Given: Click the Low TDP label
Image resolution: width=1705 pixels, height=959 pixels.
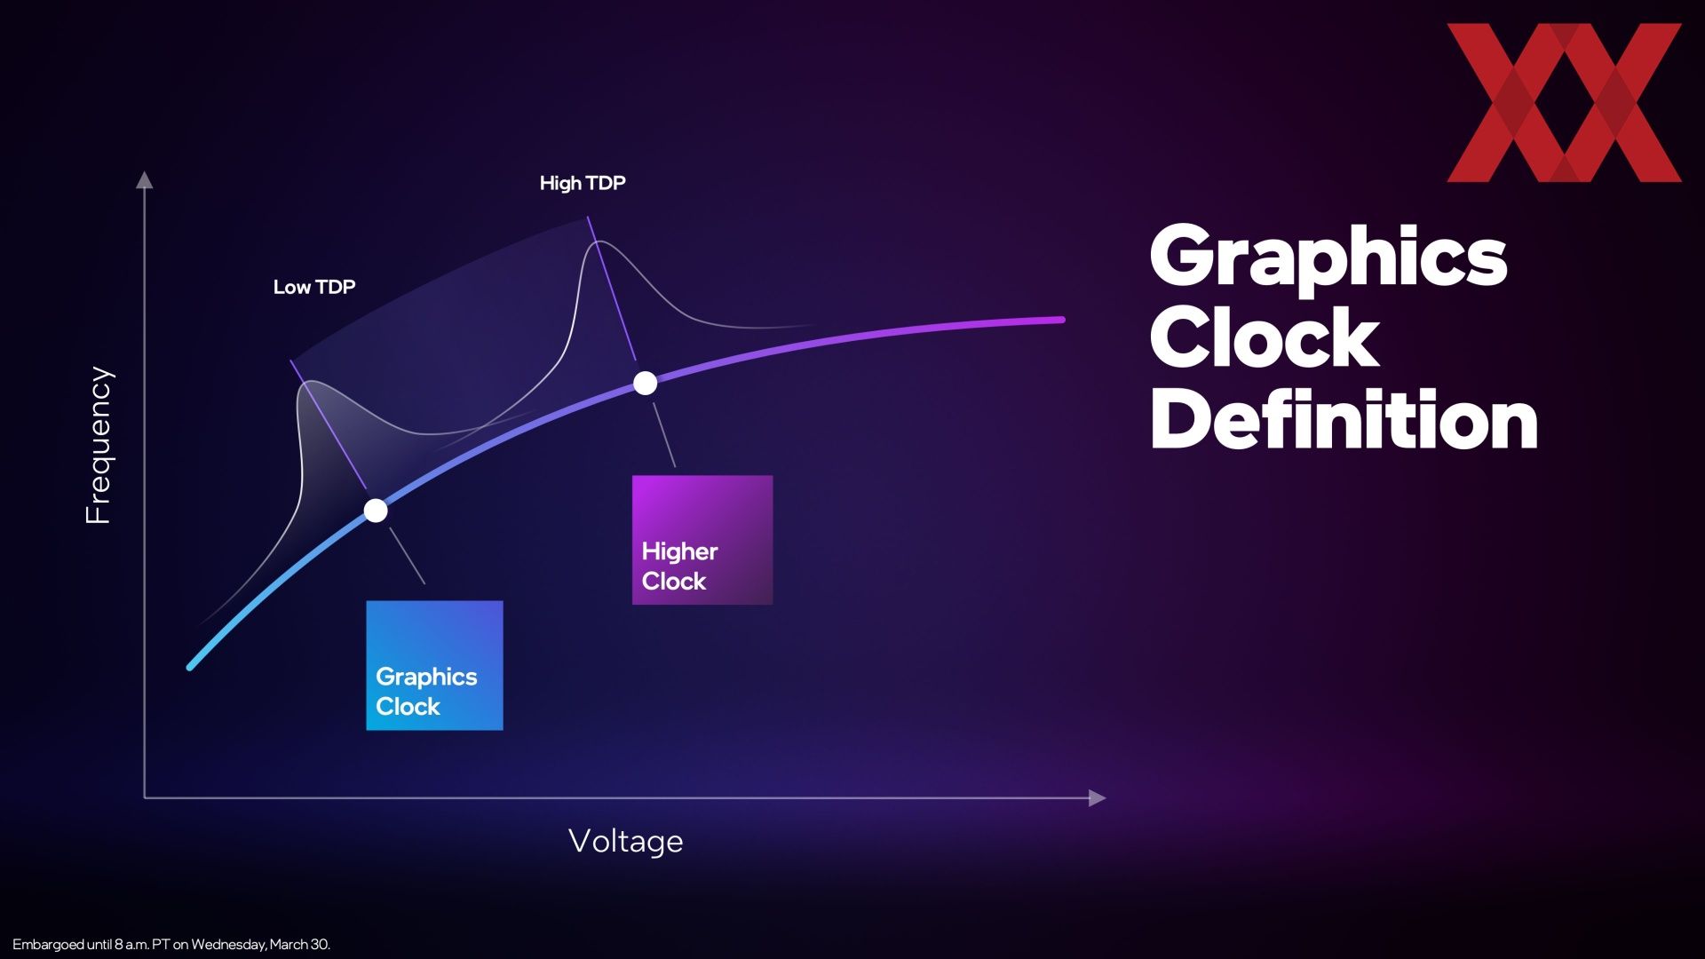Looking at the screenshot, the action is [x=314, y=287].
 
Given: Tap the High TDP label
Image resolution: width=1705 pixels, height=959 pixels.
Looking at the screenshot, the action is [x=583, y=183].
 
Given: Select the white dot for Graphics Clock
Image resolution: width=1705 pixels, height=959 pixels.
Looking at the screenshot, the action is [x=376, y=511].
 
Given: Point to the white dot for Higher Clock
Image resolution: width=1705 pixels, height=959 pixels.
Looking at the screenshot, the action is [x=646, y=383].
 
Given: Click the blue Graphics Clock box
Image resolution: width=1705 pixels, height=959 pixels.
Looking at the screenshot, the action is [x=434, y=666].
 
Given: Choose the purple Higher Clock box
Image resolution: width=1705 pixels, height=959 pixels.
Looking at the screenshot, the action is [x=702, y=540].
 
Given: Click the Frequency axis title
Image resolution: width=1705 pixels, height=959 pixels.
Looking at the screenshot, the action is [x=99, y=445].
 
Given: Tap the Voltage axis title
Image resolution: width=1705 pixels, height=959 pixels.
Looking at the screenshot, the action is [x=626, y=841].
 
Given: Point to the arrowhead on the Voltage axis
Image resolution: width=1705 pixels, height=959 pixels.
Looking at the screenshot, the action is [x=1098, y=797].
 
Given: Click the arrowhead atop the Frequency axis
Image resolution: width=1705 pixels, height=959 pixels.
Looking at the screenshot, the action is [x=144, y=179].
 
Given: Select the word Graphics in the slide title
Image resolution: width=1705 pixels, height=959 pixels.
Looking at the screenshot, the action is [x=1328, y=258].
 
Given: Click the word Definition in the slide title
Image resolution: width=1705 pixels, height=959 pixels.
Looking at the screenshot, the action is [x=1344, y=419].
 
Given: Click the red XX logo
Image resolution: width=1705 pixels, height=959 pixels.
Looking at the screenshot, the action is [x=1564, y=103].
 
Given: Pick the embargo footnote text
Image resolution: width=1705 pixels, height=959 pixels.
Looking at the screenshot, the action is [x=171, y=944].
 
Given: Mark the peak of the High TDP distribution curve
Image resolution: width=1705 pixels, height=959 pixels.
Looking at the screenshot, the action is [x=600, y=242].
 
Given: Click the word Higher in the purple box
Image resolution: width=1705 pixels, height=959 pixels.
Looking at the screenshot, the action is [x=679, y=552].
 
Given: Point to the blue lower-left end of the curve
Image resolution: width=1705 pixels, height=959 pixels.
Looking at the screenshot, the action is [x=190, y=667].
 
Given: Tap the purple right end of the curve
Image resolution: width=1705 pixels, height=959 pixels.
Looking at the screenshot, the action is [x=1061, y=320].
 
